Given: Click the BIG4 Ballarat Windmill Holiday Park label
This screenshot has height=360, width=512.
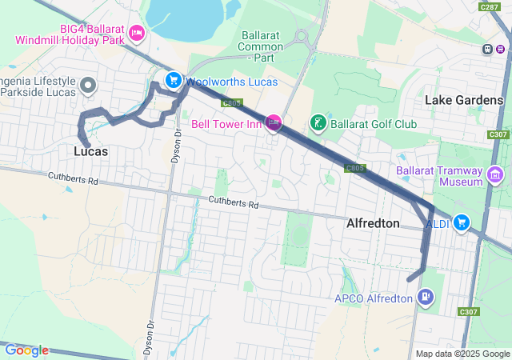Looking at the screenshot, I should coord(70,34).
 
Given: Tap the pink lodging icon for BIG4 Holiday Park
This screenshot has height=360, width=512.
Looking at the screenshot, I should coord(137,33).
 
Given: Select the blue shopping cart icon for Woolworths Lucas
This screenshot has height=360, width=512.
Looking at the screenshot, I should coord(173,80).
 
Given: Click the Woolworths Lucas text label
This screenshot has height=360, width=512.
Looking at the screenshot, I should coord(231,82).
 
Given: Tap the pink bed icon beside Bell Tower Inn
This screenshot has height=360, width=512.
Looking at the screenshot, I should coord(274,123).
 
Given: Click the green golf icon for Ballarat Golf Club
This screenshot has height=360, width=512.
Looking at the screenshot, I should coord(318,123).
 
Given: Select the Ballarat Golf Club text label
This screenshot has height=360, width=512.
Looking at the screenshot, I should coord(374,125).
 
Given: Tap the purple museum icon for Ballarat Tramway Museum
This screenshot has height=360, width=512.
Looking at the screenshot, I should coord(495,174).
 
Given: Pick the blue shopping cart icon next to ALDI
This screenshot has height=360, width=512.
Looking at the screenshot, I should coord(461,222).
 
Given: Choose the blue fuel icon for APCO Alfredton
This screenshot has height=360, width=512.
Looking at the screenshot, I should coord(426,298).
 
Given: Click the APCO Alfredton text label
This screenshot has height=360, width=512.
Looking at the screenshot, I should coord(374,298).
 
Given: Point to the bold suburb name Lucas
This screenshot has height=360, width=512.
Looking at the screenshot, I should coord(91,150).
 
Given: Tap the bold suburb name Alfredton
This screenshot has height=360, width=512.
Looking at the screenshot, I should coord(373,224).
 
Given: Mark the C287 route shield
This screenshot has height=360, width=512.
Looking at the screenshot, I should coord(490,6).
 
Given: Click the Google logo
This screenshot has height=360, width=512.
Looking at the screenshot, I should coord(26,350).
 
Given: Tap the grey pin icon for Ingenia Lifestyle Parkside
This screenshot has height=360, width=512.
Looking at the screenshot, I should coord(89,85).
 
